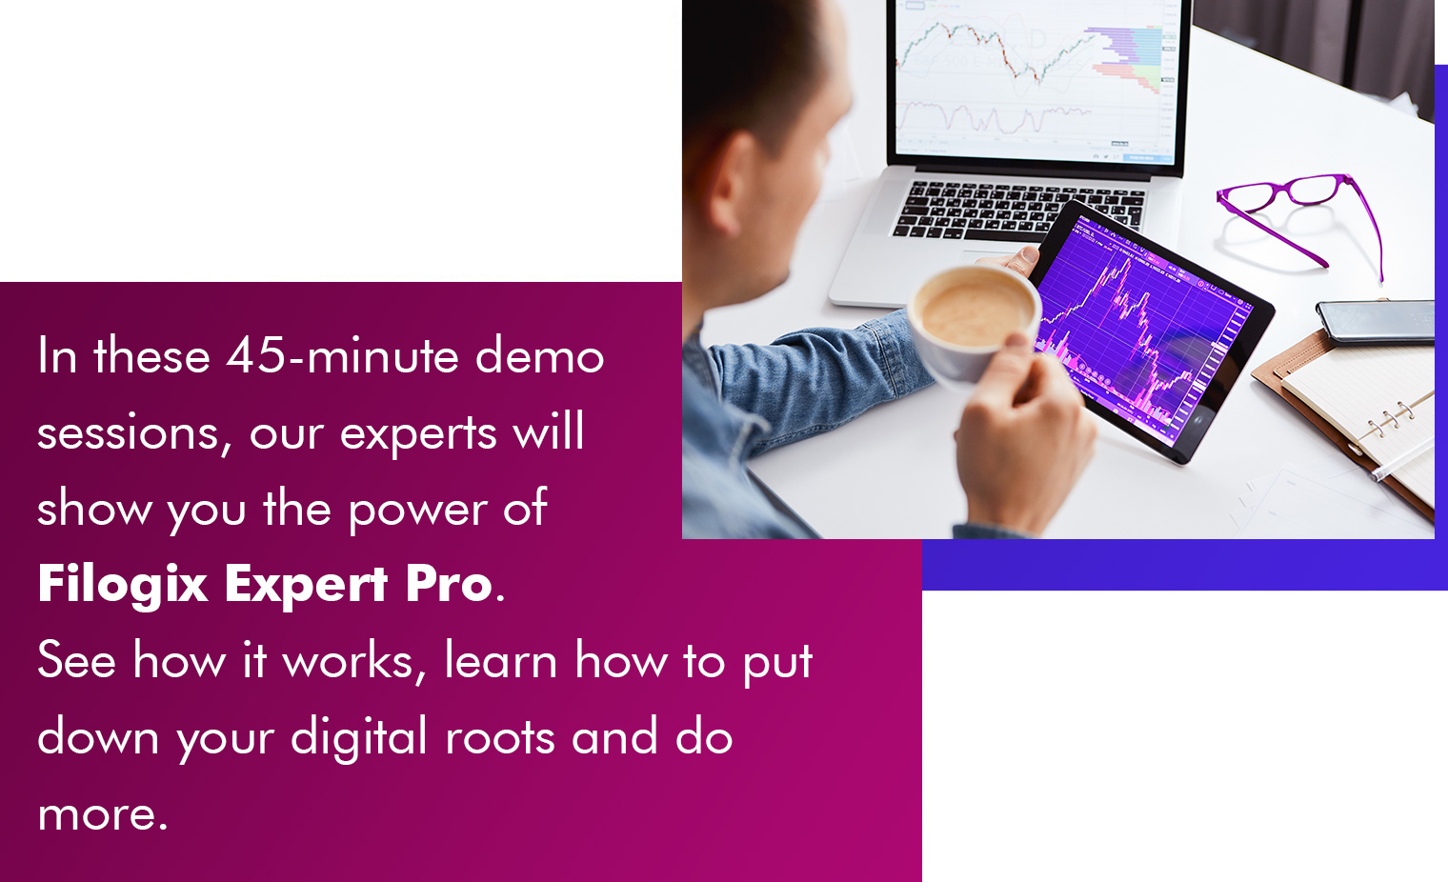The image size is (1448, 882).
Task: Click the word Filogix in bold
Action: point(123,585)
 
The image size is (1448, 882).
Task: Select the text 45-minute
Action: point(342,354)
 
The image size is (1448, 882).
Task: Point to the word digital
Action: point(358,737)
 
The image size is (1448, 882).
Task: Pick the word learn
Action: point(501,660)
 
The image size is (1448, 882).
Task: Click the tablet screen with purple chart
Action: point(1144,330)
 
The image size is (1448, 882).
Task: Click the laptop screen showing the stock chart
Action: point(1036,77)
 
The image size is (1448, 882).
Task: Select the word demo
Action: point(539,354)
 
